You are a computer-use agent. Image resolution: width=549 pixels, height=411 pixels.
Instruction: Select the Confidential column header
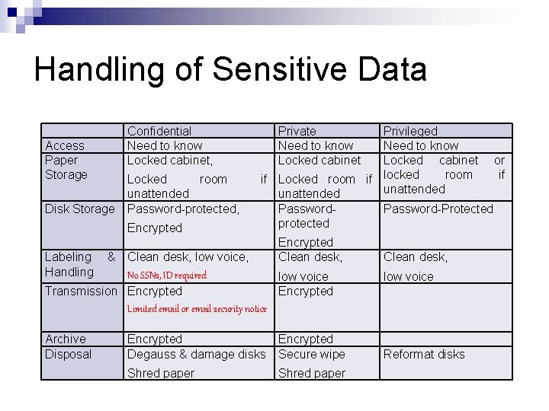159,132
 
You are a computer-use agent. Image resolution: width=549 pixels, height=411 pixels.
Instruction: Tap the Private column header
297,132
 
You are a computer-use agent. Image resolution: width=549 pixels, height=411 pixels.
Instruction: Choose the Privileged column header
410,132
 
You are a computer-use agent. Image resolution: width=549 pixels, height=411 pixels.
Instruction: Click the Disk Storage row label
80,209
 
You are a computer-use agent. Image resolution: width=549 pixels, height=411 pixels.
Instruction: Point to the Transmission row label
82,291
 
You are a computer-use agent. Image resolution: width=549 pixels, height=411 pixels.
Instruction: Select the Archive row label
66,339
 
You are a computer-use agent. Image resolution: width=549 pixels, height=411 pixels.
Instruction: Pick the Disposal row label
68,354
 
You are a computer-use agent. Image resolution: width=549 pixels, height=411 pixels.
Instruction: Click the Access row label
65,145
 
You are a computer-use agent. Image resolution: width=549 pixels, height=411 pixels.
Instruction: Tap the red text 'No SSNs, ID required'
167,275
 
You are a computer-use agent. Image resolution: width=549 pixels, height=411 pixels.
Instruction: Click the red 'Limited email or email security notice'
197,309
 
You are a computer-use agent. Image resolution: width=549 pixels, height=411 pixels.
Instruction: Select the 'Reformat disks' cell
424,354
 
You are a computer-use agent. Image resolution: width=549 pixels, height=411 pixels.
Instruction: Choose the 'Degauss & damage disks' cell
197,354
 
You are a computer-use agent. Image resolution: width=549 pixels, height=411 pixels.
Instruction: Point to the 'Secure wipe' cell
311,354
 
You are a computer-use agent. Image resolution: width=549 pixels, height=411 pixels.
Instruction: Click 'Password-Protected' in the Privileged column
438,209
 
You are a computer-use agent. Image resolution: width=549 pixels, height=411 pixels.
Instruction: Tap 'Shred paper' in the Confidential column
161,373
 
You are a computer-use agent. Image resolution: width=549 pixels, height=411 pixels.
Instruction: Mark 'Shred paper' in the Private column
312,373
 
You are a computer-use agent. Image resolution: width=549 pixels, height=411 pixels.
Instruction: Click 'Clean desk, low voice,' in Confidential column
188,257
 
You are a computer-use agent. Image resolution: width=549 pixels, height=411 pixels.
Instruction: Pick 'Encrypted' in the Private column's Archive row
306,339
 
